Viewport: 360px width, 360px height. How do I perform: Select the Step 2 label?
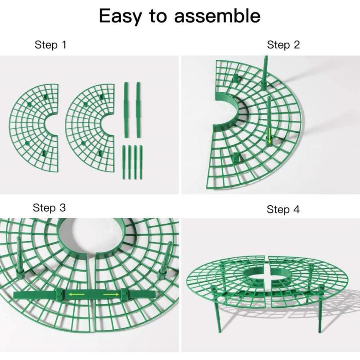pyautogui.click(x=283, y=45)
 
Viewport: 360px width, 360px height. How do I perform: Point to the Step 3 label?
pyautogui.click(x=49, y=208)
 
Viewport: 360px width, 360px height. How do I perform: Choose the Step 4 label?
pyautogui.click(x=283, y=210)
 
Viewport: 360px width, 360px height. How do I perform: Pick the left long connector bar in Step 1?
pyautogui.click(x=126, y=110)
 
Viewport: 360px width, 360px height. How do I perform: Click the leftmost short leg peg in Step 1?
pyautogui.click(x=123, y=162)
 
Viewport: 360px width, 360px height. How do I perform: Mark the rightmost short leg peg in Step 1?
pyautogui.click(x=140, y=162)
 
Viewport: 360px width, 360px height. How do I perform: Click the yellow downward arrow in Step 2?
pyautogui.click(x=270, y=135)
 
